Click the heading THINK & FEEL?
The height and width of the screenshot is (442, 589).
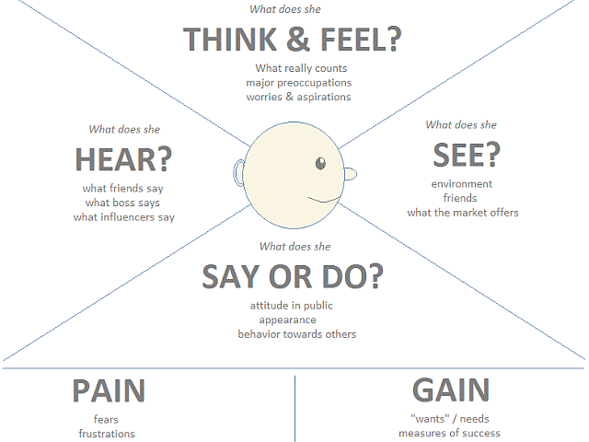click(x=294, y=40)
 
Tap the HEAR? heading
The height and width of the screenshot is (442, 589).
click(x=123, y=160)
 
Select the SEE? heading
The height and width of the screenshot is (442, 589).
click(x=465, y=156)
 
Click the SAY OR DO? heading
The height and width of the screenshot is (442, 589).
click(x=293, y=275)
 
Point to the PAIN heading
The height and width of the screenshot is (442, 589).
click(x=109, y=390)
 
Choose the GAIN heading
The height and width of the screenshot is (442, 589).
click(x=450, y=390)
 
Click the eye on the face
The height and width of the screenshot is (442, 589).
click(x=320, y=164)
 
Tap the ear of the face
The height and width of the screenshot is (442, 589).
click(x=239, y=173)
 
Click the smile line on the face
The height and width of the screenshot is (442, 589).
click(x=322, y=198)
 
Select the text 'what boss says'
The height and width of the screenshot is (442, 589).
click(x=123, y=203)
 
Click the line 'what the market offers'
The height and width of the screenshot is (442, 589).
click(x=463, y=213)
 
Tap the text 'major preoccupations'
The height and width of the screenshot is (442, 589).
click(x=303, y=82)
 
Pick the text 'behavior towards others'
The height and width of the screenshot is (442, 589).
click(x=296, y=334)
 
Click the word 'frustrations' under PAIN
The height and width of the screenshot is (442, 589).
click(x=107, y=434)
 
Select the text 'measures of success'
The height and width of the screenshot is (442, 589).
click(x=449, y=433)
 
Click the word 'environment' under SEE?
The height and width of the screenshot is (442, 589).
click(x=462, y=184)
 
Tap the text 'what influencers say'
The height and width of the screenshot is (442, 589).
click(x=124, y=217)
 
